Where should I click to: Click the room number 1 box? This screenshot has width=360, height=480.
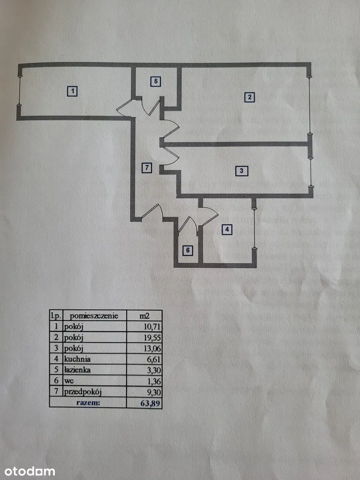(x=72, y=91)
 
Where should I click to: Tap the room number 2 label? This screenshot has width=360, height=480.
(x=250, y=97)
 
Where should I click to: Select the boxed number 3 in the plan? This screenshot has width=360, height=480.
(x=241, y=171)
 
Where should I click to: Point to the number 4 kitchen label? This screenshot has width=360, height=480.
(x=227, y=229)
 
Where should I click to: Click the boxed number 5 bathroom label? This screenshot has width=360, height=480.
(x=157, y=81)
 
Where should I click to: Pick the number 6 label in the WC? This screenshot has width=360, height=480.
(x=187, y=250)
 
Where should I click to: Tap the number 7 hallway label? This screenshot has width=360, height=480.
(x=147, y=168)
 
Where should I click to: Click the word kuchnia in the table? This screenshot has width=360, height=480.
(x=78, y=359)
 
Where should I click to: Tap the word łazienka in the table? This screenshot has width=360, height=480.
(x=79, y=370)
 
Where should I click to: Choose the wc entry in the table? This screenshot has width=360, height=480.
(x=70, y=381)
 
